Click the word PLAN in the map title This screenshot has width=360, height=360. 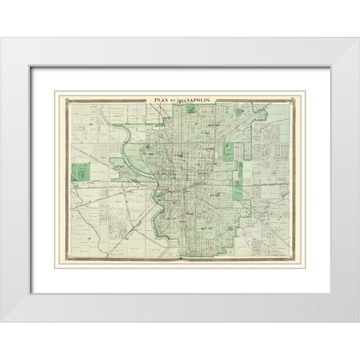163,100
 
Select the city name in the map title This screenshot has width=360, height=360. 196,100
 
